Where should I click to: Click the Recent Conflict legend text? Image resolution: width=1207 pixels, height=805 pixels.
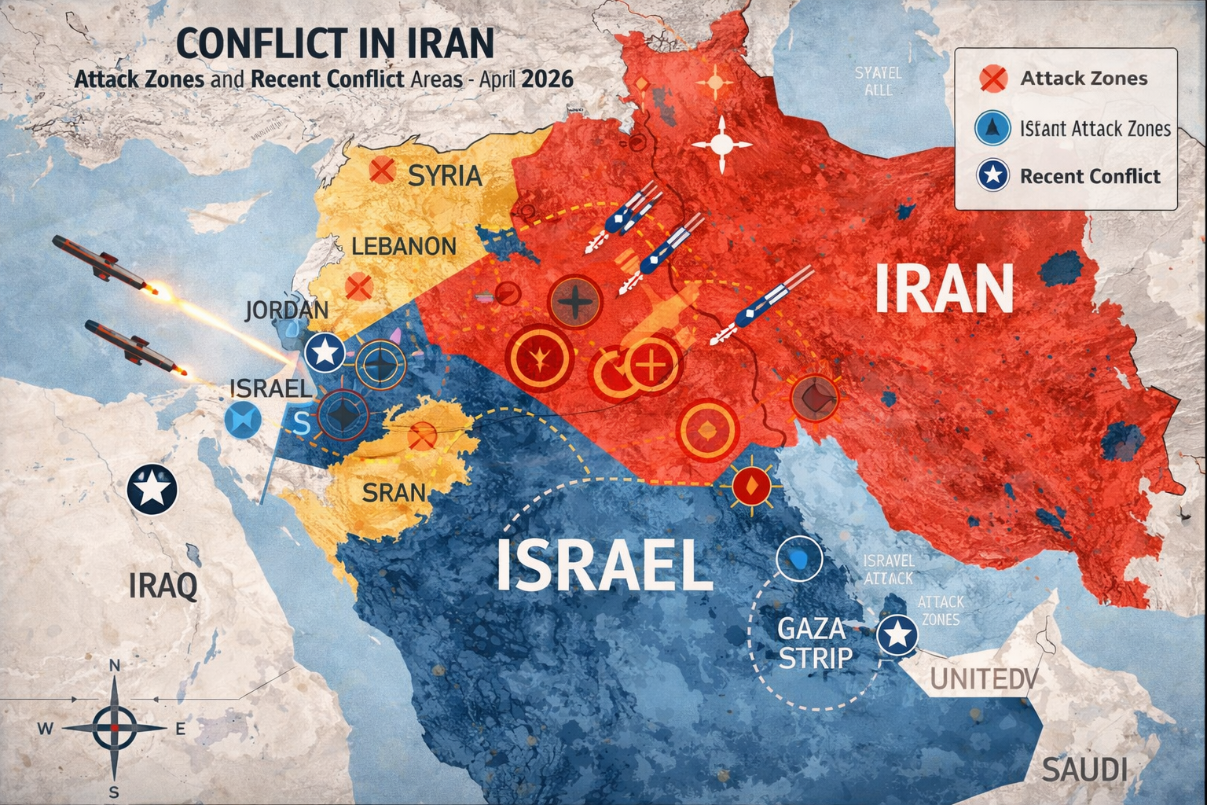pos(1089,176)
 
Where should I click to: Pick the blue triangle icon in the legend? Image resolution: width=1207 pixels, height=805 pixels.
pos(992,128)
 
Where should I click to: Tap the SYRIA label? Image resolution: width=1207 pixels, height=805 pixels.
pos(445,175)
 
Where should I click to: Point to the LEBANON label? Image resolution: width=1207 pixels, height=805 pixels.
pos(403,246)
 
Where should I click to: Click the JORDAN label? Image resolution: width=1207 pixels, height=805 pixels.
pos(286,309)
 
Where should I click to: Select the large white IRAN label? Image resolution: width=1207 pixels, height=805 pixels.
pos(943,289)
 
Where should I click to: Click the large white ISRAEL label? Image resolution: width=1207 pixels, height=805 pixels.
pos(603,566)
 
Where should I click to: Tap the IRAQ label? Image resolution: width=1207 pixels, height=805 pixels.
pos(163,586)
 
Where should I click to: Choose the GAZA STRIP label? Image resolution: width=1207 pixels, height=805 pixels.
pos(812,642)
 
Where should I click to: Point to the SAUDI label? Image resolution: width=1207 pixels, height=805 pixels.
pos(1084,769)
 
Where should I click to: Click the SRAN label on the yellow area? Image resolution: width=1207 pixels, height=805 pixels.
pos(394,493)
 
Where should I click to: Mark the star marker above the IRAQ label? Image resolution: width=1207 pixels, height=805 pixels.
pos(152,490)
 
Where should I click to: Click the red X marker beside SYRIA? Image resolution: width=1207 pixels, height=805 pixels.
pos(382,169)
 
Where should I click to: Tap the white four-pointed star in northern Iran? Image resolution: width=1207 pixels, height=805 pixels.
pos(721,145)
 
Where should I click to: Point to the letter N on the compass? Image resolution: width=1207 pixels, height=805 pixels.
pos(114,665)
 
